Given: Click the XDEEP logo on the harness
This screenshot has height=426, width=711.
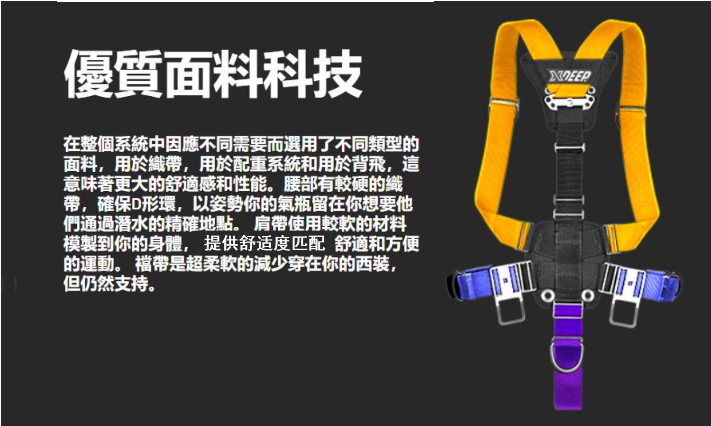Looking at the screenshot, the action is [570, 76].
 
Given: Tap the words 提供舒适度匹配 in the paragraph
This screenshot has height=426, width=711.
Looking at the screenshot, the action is [264, 244].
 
